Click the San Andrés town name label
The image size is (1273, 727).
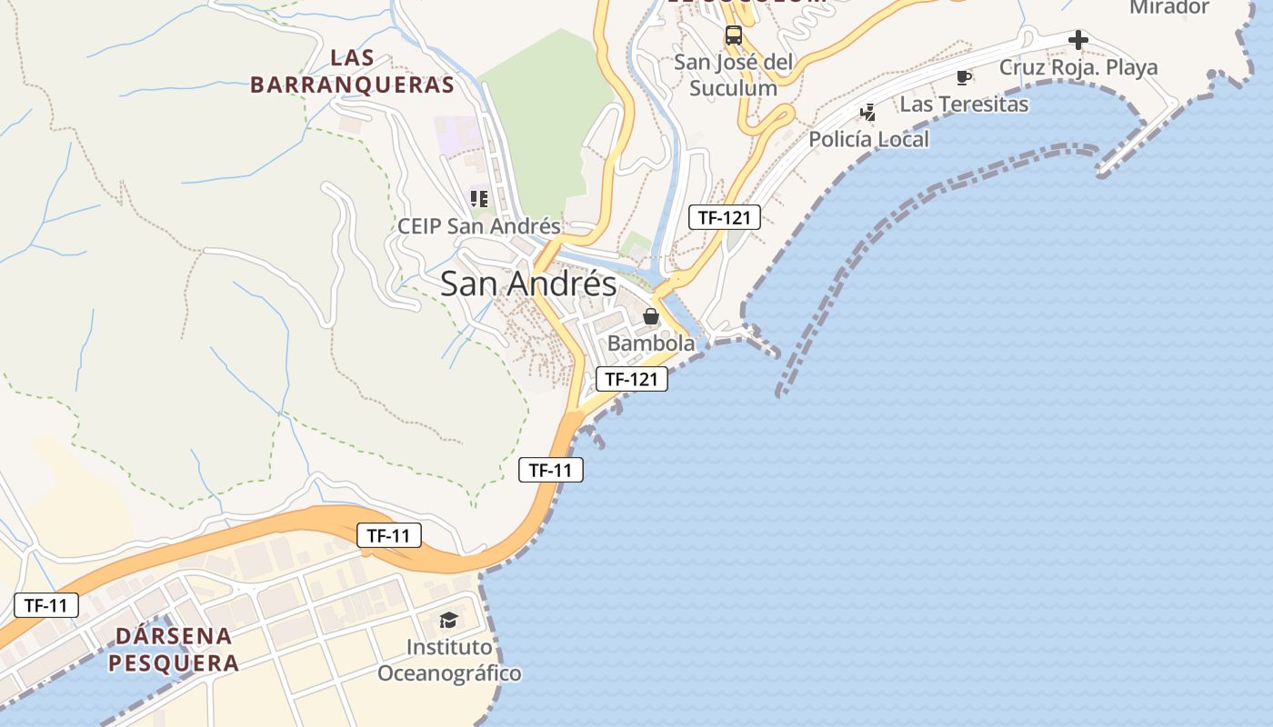(528, 284)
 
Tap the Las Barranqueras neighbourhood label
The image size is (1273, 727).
(352, 72)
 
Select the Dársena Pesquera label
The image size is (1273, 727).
(174, 649)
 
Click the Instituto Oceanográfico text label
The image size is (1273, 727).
(449, 661)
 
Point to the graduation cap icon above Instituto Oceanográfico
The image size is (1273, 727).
(448, 621)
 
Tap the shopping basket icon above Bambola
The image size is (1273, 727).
(650, 316)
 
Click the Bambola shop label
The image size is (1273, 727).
(650, 344)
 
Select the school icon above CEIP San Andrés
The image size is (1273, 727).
(479, 198)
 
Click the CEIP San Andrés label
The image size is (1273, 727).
(479, 226)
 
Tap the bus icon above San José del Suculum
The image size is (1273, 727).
(733, 35)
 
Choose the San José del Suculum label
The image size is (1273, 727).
(733, 75)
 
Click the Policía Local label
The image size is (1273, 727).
(868, 139)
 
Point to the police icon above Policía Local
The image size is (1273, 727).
(868, 112)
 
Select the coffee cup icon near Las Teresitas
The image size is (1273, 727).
(964, 77)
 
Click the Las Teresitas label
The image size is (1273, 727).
(964, 105)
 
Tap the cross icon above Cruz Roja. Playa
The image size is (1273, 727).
(1078, 40)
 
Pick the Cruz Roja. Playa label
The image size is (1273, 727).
(1078, 67)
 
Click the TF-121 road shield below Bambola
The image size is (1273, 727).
(632, 379)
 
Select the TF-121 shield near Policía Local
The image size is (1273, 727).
(725, 217)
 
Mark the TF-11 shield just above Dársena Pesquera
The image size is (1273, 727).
(46, 605)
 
